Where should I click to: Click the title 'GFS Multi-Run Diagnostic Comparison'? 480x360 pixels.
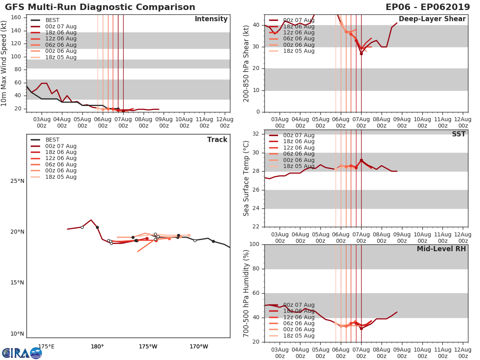coord(100,7)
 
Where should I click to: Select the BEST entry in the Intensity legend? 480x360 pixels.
coord(52,20)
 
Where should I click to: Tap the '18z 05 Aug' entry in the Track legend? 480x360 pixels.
coord(60,177)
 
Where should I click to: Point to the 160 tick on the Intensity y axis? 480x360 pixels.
coord(18,18)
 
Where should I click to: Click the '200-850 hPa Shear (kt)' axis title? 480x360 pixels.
coord(247,63)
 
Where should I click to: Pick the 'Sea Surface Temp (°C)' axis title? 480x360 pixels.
coord(247,178)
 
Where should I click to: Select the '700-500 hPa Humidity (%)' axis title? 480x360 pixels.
coord(247,293)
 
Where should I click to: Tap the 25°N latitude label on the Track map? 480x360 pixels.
coord(17,181)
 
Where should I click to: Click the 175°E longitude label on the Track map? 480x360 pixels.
coord(46,346)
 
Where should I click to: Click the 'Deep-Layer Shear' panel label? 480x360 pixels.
coord(432,19)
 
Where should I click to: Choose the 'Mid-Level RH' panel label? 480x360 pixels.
coord(441,249)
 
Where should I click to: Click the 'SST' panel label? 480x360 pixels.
coord(459,134)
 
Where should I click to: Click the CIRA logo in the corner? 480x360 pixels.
coord(22,353)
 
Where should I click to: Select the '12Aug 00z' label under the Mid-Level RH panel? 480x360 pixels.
coord(463,352)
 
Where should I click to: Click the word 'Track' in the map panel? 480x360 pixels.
coord(217,140)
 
